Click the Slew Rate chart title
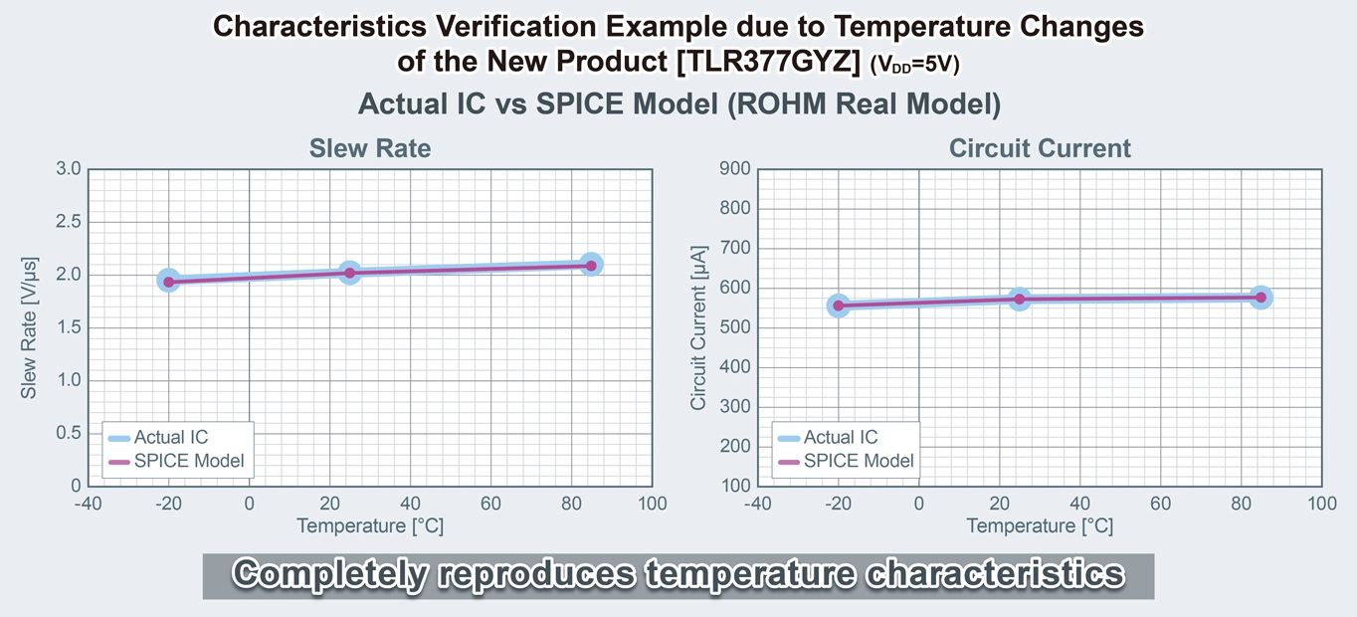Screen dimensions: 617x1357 (370, 148)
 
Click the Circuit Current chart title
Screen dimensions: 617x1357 (1040, 148)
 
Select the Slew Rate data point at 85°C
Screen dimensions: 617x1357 (591, 265)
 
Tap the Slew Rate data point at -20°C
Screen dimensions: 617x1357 (169, 282)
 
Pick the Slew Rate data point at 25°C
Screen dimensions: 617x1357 (349, 273)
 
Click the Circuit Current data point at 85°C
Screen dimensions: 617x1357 (1260, 297)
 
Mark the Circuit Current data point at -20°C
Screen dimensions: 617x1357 (839, 306)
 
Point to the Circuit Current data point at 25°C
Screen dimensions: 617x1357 (1019, 299)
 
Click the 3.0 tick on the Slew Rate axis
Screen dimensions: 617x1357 (68, 169)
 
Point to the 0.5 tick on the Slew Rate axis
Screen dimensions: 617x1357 (68, 433)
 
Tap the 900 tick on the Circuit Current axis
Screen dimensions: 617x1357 (733, 169)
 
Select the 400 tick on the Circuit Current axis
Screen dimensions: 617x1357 (733, 367)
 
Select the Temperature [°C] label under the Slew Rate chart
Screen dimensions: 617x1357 (370, 525)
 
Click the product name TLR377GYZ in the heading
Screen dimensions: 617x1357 (767, 62)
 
